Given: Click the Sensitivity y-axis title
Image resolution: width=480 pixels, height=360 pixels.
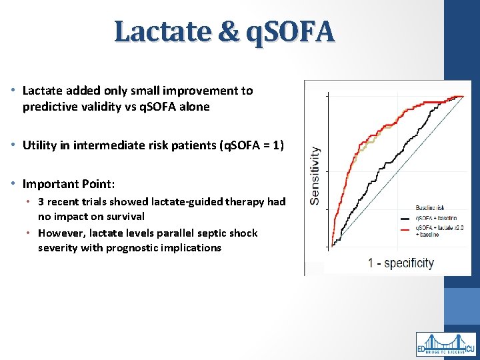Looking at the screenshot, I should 315,175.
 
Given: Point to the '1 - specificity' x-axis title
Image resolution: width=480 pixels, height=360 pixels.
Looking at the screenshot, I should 400,263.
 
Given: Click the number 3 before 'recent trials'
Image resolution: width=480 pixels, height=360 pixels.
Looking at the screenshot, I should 41,201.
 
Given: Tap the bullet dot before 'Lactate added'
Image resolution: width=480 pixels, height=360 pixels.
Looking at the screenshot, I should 14,91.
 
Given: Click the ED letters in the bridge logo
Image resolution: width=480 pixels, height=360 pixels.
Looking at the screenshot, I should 422,349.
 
